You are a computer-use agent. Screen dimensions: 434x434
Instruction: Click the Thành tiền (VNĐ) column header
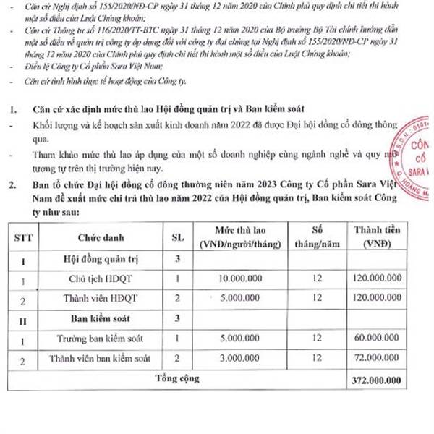tap(378, 237)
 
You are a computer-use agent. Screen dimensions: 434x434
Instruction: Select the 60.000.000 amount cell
tap(378, 338)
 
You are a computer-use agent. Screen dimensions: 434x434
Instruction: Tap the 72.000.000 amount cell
tap(378, 358)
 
